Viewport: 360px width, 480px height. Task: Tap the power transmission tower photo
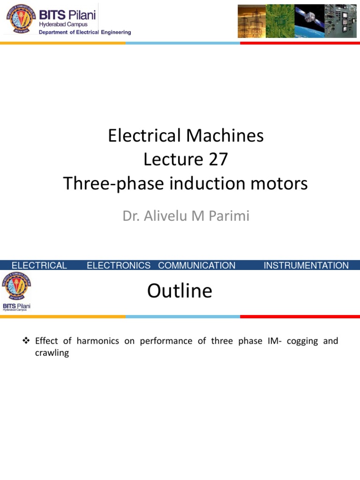(x=252, y=21)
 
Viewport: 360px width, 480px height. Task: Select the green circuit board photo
(x=280, y=21)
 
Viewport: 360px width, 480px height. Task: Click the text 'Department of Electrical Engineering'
(x=85, y=32)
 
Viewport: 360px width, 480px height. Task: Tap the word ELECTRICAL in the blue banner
(x=39, y=265)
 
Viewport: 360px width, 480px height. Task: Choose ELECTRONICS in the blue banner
(x=119, y=265)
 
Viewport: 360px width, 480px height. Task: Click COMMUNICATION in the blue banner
(x=197, y=265)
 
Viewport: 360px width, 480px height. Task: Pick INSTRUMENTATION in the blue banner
(x=306, y=265)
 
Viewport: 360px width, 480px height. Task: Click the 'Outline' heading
(x=180, y=291)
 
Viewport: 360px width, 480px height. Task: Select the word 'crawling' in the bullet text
(x=52, y=353)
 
